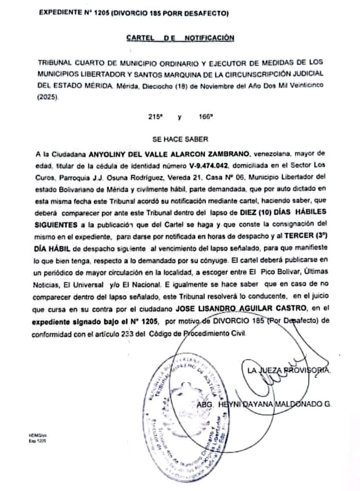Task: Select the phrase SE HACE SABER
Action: coord(180,140)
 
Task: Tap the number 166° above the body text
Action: coord(205,117)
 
